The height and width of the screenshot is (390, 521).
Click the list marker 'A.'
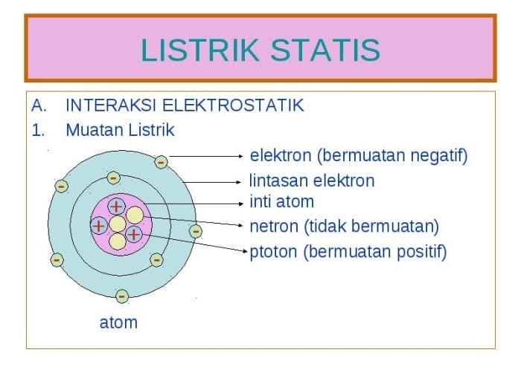coord(39,105)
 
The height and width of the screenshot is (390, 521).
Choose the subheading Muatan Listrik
coord(120,130)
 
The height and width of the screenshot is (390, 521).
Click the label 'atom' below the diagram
coord(118,322)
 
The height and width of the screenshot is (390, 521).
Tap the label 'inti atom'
coord(281,201)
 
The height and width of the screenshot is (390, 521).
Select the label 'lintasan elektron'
coord(311,181)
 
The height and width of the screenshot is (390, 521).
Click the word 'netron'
coord(272,226)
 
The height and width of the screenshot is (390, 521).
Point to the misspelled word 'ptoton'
coord(273,252)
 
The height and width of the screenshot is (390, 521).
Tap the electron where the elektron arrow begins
coord(161,161)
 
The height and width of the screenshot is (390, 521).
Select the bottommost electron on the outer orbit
coord(122,296)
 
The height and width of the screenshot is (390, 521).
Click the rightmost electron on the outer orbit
coord(195,231)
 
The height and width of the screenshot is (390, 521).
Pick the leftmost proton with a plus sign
coord(98,224)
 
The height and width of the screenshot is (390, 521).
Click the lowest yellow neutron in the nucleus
coord(118,241)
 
